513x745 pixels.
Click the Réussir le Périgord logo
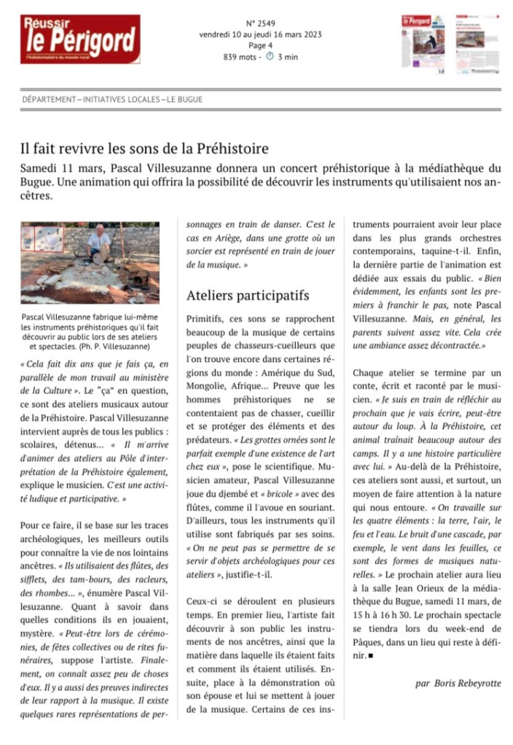point(80,39)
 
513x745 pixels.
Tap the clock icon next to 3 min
point(269,57)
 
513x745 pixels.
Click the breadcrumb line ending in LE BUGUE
point(113,100)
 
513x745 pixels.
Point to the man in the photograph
point(99,245)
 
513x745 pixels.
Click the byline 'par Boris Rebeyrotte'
point(458,684)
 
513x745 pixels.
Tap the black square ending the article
point(370,655)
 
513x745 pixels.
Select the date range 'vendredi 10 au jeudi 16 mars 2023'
point(260,34)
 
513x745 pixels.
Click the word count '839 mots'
point(241,57)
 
